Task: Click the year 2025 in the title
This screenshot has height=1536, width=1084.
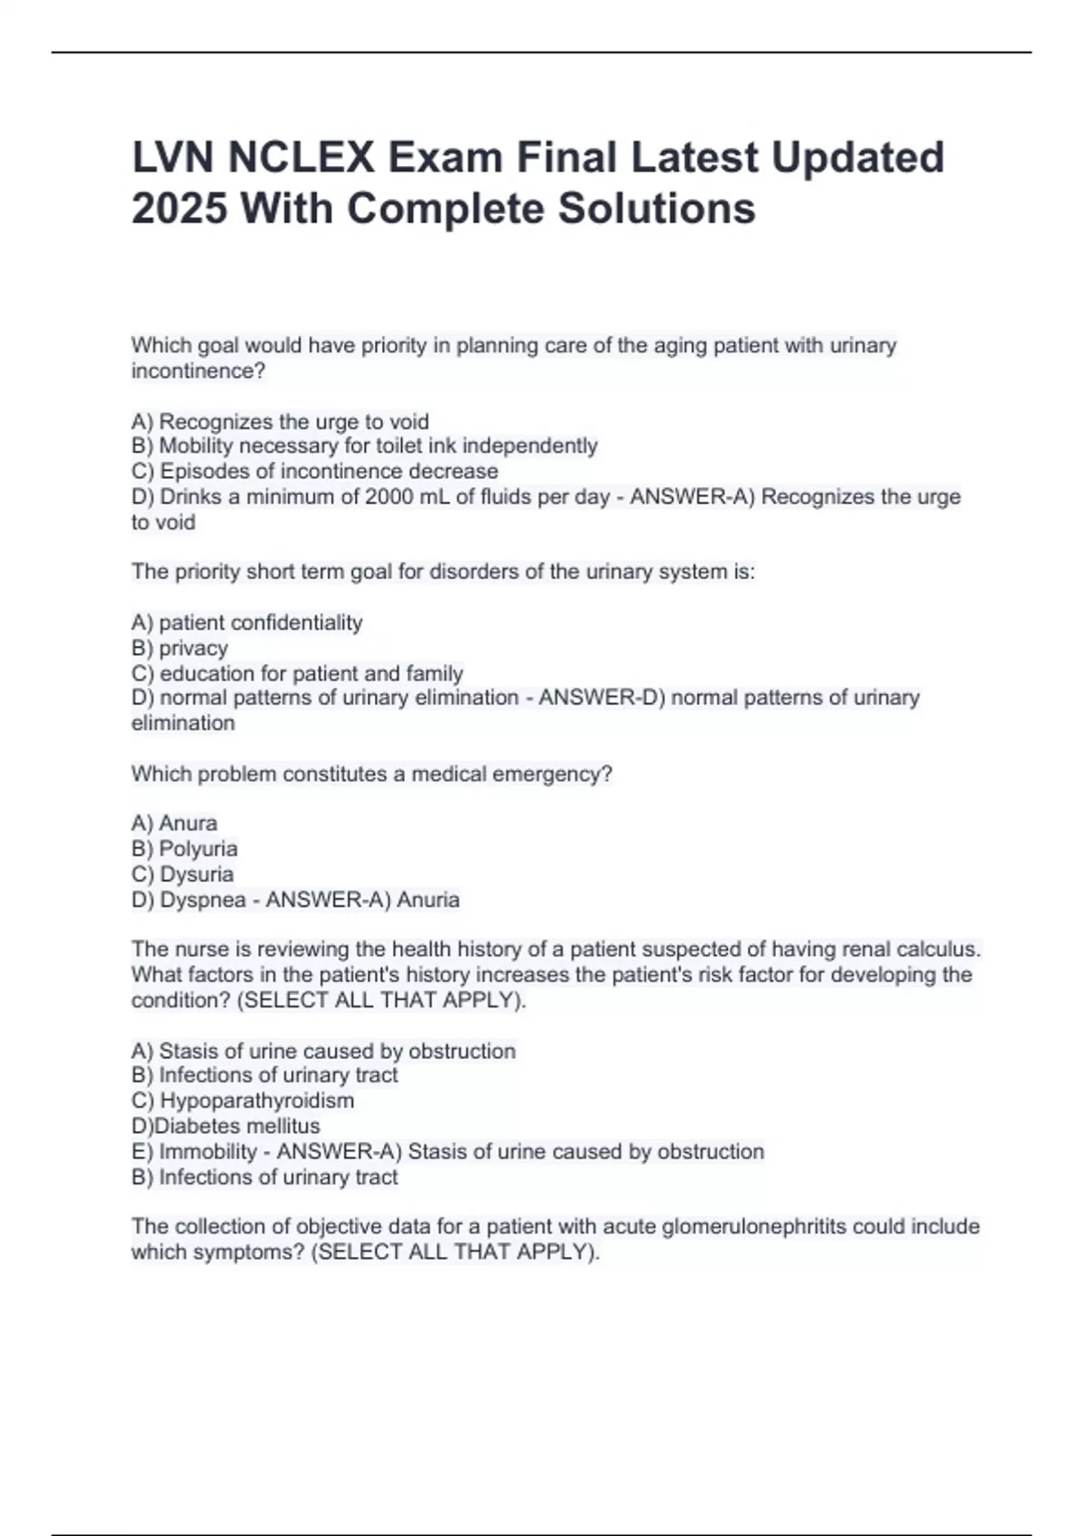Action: [179, 210]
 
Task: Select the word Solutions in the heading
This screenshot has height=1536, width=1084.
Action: [656, 210]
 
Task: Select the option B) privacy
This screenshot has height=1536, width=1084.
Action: [180, 649]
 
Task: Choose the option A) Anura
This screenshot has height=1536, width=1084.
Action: [174, 824]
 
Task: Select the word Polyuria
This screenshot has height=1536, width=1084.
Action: [198, 849]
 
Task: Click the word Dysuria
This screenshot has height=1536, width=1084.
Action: [196, 875]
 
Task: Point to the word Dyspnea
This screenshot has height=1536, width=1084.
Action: [203, 900]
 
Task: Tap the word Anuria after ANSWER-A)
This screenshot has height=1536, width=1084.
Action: [428, 900]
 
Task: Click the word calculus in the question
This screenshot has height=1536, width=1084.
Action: [940, 950]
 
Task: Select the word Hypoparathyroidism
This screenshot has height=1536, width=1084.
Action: [257, 1100]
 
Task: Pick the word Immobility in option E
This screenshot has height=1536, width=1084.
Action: [208, 1152]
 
